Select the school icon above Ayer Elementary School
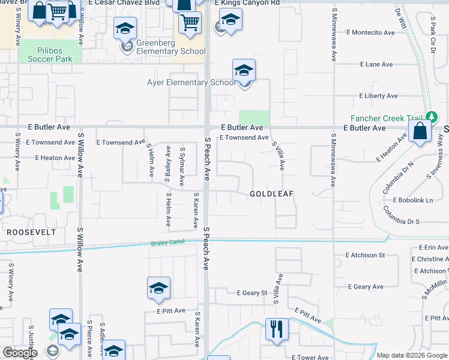click(244, 70)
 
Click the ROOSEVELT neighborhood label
click(31, 232)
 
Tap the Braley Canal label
click(166, 242)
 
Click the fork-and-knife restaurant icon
click(277, 329)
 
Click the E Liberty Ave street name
click(378, 96)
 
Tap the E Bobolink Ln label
click(412, 200)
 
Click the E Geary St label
click(252, 293)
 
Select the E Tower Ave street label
click(310, 357)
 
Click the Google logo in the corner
click(20, 353)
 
